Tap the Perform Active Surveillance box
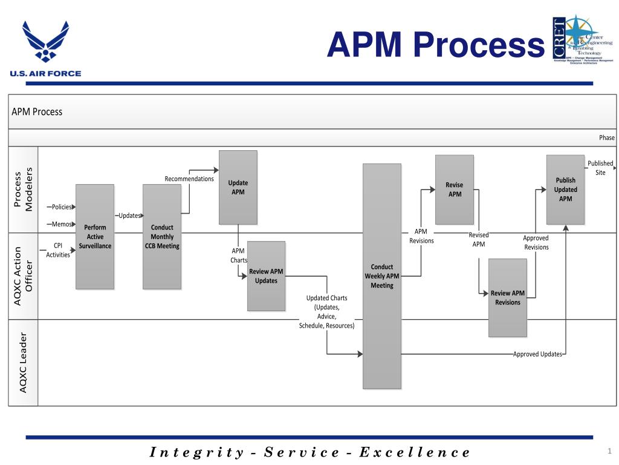click(x=95, y=237)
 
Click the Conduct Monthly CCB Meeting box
click(x=162, y=237)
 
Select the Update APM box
click(x=238, y=187)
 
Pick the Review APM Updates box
click(x=266, y=275)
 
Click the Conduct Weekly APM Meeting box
click(x=381, y=276)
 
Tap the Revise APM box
click(x=455, y=190)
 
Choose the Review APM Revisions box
click(x=508, y=297)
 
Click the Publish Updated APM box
click(x=565, y=190)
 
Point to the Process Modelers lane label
click(x=23, y=189)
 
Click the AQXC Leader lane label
click(x=23, y=362)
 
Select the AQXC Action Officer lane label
click(x=23, y=275)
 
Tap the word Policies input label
click(x=62, y=207)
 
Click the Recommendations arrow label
click(x=189, y=179)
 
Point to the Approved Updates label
click(x=537, y=354)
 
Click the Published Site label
click(x=600, y=168)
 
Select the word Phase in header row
click(x=606, y=138)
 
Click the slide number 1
click(x=609, y=450)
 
